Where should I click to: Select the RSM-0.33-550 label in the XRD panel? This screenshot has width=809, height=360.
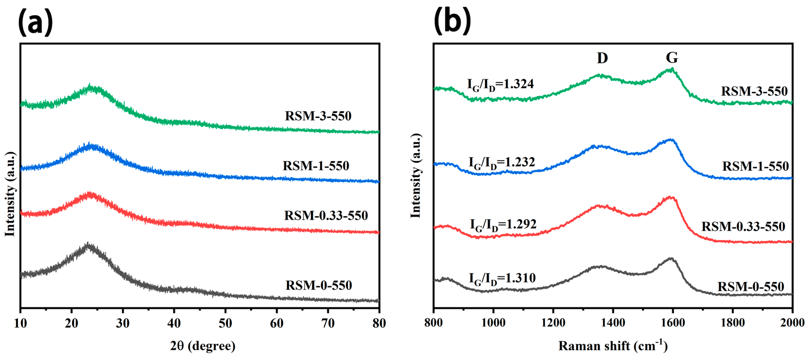[x=326, y=216]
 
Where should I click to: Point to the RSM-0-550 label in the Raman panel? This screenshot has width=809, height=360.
[x=751, y=287]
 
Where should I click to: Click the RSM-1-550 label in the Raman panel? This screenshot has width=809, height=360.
[x=755, y=166]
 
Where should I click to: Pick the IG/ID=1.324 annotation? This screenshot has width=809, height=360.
[x=500, y=84]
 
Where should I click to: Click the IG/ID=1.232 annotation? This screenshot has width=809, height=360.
[x=502, y=163]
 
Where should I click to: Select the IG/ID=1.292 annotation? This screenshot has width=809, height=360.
[x=503, y=225]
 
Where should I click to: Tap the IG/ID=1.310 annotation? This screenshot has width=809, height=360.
[x=502, y=278]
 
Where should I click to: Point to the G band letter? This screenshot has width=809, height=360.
[x=672, y=58]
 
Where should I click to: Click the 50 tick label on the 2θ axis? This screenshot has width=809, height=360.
[x=225, y=323]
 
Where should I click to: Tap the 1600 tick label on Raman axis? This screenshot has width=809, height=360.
[x=673, y=323]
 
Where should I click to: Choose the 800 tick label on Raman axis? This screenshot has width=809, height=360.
[x=433, y=323]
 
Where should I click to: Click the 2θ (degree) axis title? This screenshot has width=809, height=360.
[x=202, y=346]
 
